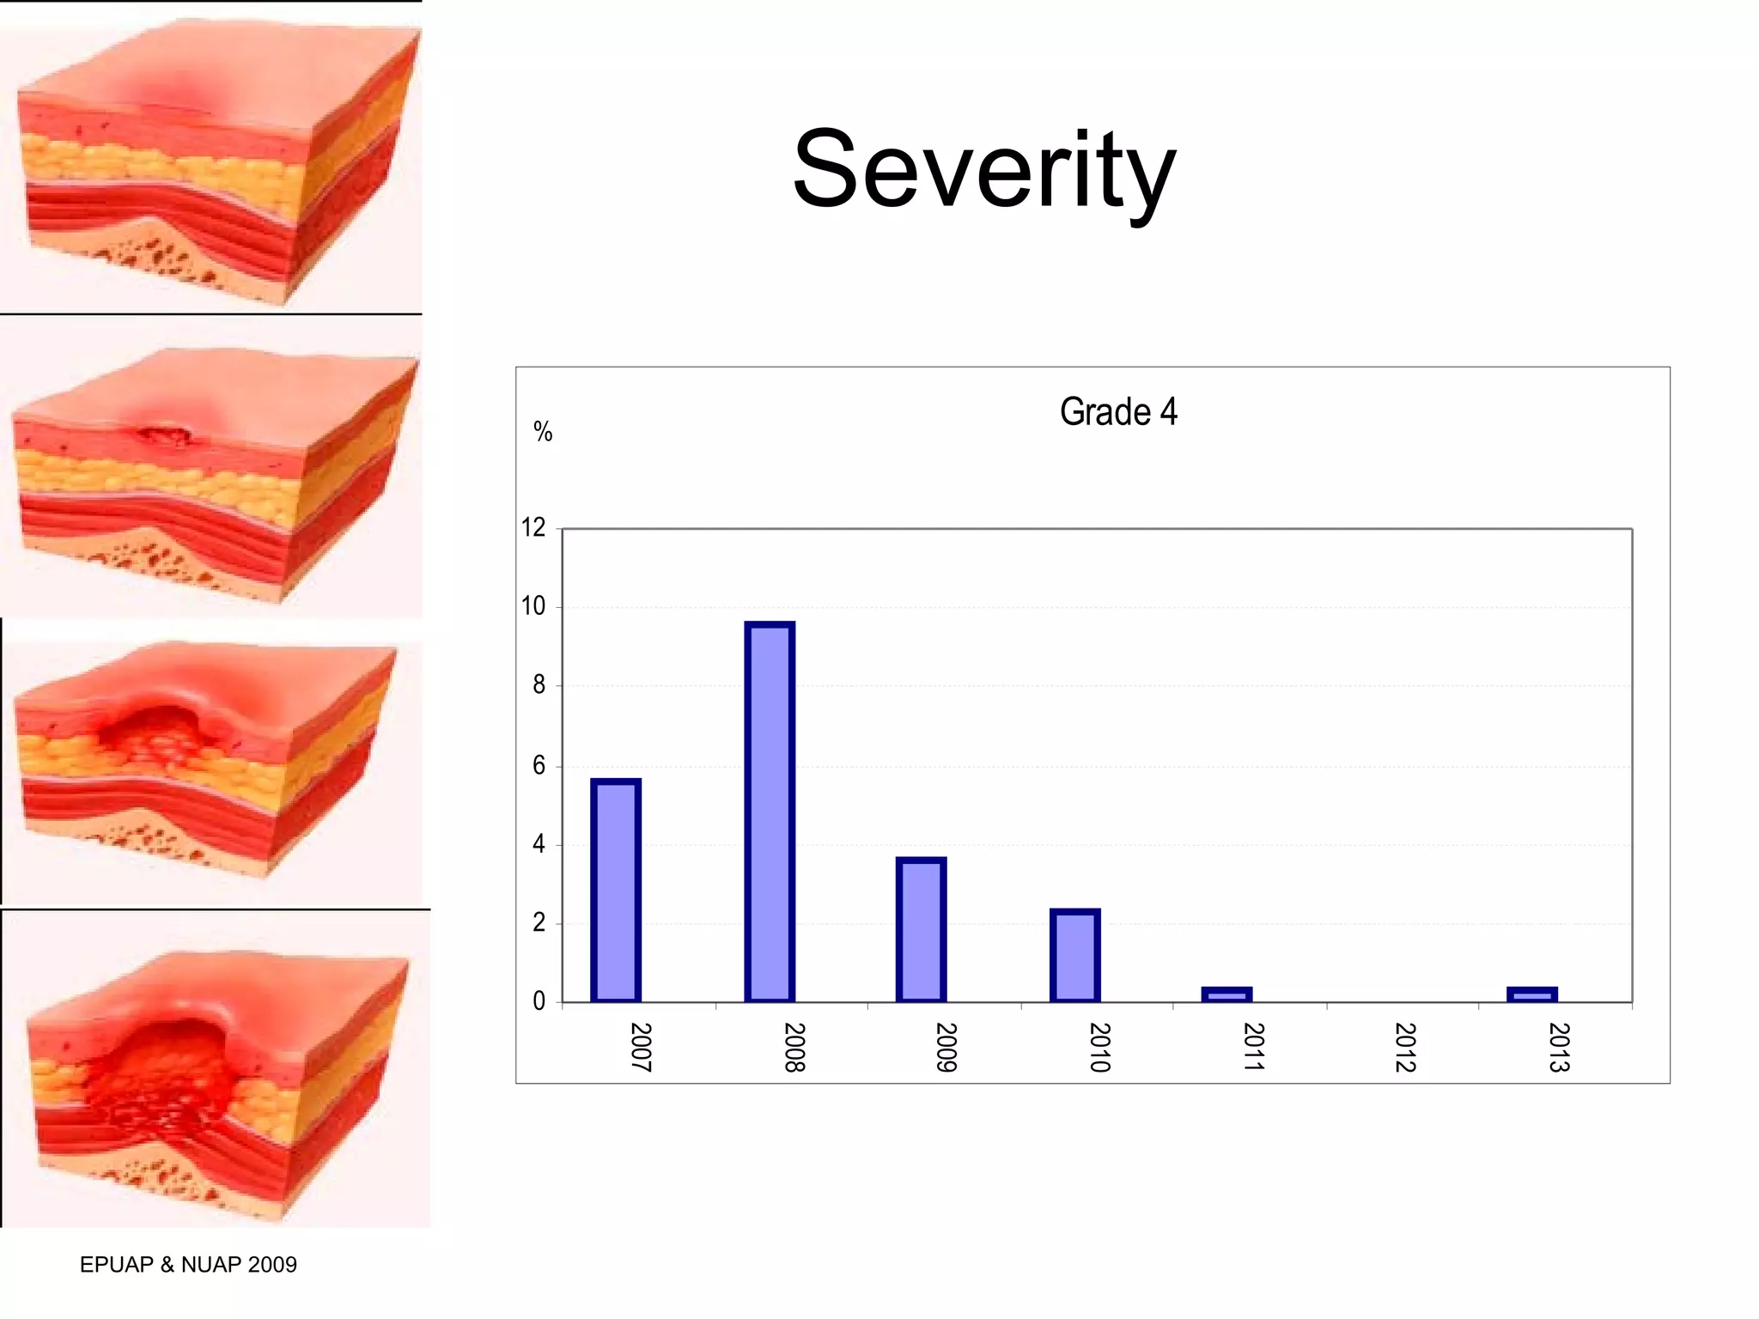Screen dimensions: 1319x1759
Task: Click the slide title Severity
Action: (x=983, y=170)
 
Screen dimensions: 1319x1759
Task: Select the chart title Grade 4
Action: (x=1117, y=412)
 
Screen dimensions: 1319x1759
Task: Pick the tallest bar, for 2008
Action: (x=769, y=811)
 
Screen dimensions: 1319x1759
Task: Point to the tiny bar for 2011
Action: (x=1226, y=994)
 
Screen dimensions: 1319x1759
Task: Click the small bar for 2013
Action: (x=1531, y=994)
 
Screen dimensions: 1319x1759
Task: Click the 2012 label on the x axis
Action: (x=1405, y=1047)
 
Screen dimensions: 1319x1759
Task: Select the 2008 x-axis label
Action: (x=794, y=1047)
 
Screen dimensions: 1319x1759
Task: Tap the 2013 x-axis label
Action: (x=1558, y=1047)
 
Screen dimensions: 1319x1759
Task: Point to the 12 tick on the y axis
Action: (x=533, y=527)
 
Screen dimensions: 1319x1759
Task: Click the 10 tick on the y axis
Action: (x=533, y=606)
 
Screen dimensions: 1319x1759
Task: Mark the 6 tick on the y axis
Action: (x=539, y=765)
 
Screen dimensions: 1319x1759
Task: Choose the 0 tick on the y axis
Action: (x=539, y=1001)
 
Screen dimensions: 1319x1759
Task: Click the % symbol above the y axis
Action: (x=543, y=431)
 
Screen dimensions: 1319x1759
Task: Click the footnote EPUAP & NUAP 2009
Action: (x=188, y=1264)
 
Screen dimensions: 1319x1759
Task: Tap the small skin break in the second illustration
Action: (x=163, y=436)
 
